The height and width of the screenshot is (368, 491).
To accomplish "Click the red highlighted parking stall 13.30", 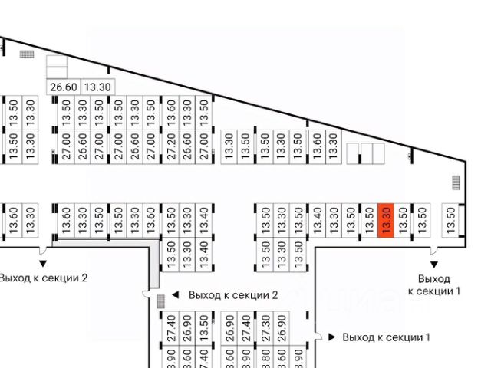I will coord(387,222).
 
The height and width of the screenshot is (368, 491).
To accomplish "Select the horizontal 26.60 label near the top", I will coord(64,87).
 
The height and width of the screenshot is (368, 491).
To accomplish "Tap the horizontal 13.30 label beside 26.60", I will coord(97,87).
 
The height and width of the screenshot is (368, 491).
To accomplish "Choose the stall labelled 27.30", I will coord(265,327).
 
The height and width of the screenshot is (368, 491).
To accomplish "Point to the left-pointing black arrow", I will coord(175,294).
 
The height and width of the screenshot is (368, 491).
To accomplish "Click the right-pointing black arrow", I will coord(331,337).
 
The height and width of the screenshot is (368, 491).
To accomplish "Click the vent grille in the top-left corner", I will coord(27,54).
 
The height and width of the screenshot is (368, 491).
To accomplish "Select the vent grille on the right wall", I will coord(456,182).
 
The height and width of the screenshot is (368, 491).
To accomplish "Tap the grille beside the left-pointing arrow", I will coord(160,301).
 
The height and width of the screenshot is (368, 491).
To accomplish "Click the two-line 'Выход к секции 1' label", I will coord(434,284).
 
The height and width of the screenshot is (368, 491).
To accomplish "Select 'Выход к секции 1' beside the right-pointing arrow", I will coord(387,337).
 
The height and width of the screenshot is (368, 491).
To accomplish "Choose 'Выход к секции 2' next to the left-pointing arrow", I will coord(232,295).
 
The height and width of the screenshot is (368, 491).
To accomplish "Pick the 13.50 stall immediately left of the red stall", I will coord(369,222).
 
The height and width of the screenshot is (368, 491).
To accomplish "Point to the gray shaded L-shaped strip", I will coord(153,253).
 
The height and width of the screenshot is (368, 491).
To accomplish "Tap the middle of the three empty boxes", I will coord(365,153).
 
